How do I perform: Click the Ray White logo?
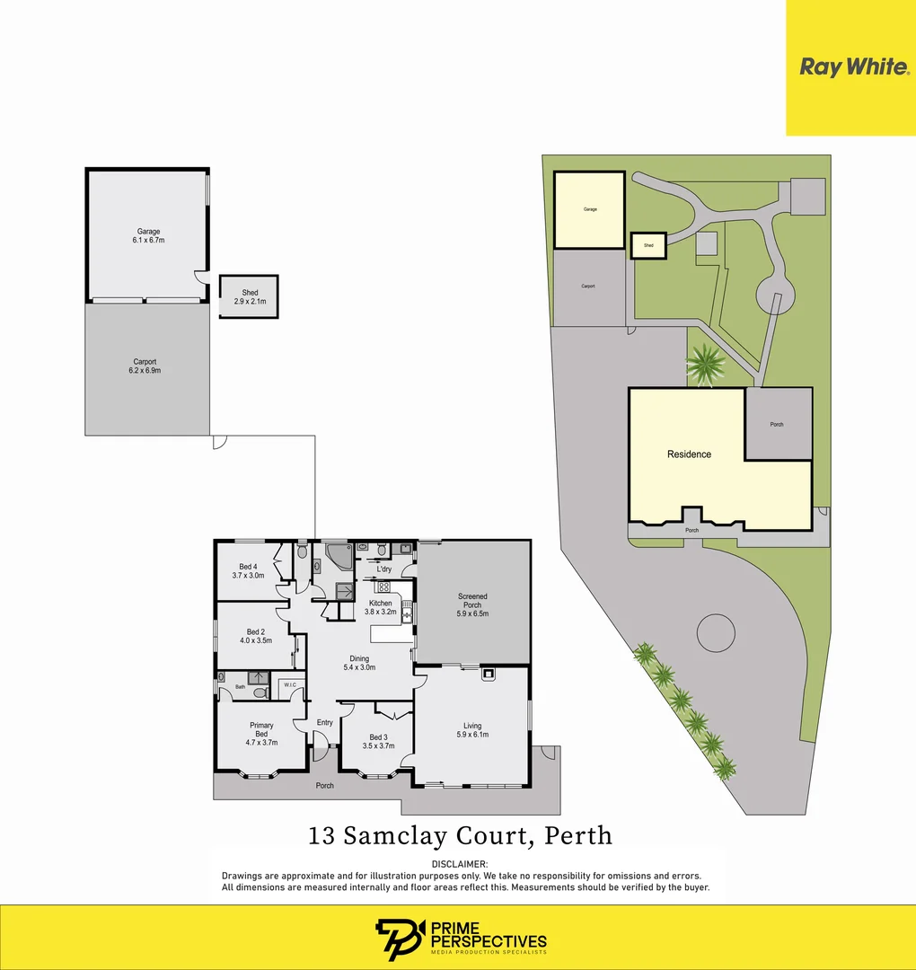(852, 67)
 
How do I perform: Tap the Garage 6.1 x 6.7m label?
(148, 236)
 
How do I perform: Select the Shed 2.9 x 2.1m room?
(249, 296)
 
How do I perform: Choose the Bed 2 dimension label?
(255, 641)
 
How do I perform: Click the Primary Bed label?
(261, 734)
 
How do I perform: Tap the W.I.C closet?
(290, 686)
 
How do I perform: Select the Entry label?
(324, 723)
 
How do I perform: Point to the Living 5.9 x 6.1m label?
(472, 730)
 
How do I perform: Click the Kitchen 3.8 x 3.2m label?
(380, 608)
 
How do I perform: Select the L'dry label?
(383, 569)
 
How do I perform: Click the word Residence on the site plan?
(689, 454)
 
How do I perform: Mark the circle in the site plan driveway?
(717, 633)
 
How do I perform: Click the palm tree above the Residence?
(705, 365)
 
